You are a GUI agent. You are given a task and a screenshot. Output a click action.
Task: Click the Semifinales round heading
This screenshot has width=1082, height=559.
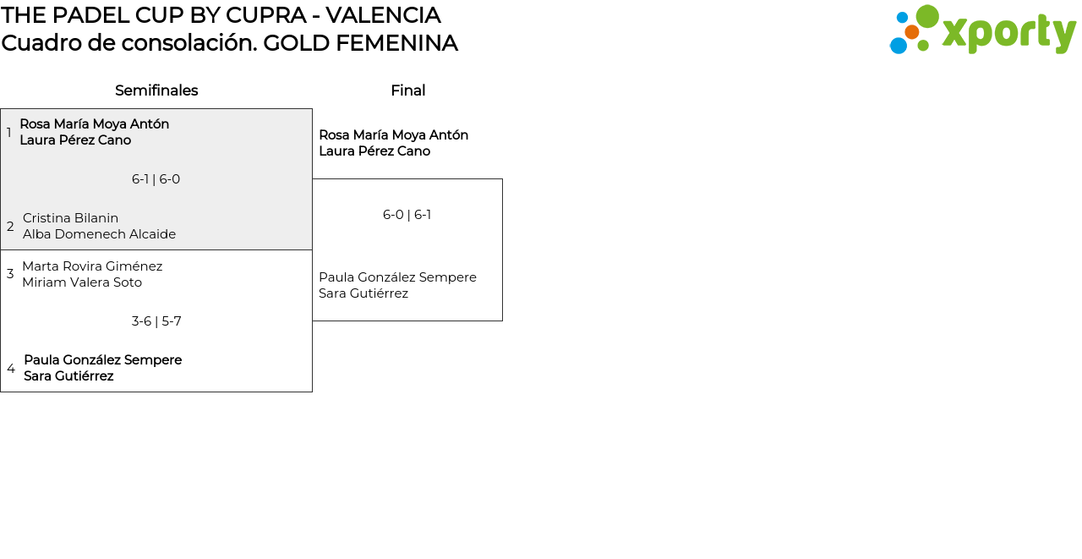pyautogui.click(x=156, y=90)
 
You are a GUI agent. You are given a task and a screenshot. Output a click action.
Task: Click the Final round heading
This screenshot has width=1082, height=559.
pyautogui.click(x=407, y=90)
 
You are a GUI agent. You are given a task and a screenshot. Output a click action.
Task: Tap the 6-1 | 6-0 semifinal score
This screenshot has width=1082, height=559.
pyautogui.click(x=156, y=179)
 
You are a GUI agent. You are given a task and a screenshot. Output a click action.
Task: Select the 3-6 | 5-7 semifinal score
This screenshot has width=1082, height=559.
pyautogui.click(x=156, y=321)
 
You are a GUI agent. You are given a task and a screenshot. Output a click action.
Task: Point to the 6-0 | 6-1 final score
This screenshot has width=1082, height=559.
pyautogui.click(x=407, y=215)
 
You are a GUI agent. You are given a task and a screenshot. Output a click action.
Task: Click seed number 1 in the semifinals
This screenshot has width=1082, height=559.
pyautogui.click(x=9, y=133)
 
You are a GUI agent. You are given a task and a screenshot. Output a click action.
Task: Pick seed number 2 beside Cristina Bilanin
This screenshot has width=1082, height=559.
pyautogui.click(x=10, y=227)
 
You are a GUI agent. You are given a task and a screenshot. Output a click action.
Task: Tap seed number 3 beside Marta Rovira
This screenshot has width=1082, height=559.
pyautogui.click(x=10, y=274)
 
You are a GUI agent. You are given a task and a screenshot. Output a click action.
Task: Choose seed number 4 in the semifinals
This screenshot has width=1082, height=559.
pyautogui.click(x=11, y=369)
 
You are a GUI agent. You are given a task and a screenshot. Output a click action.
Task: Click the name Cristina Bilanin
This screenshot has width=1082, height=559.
pyautogui.click(x=70, y=218)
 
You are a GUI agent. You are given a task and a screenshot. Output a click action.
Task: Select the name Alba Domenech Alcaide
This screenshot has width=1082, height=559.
pyautogui.click(x=99, y=234)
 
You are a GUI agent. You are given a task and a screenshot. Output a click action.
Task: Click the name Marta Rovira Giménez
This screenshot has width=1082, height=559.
pyautogui.click(x=92, y=266)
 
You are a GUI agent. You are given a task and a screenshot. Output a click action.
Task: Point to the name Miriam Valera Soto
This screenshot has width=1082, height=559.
pyautogui.click(x=82, y=282)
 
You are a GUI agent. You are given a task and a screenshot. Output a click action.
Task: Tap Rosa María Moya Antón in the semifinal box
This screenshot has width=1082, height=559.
pyautogui.click(x=94, y=124)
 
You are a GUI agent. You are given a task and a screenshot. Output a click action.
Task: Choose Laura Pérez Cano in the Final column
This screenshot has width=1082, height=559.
pyautogui.click(x=374, y=151)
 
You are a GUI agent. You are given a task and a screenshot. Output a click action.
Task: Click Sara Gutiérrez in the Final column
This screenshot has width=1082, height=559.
pyautogui.click(x=363, y=293)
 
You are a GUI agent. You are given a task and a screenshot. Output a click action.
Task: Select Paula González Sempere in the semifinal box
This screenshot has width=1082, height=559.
pyautogui.click(x=102, y=360)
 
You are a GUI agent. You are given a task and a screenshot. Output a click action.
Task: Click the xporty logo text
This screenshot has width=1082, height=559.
pyautogui.click(x=1008, y=33)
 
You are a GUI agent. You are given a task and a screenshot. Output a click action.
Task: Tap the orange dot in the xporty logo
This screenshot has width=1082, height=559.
pyautogui.click(x=912, y=32)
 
